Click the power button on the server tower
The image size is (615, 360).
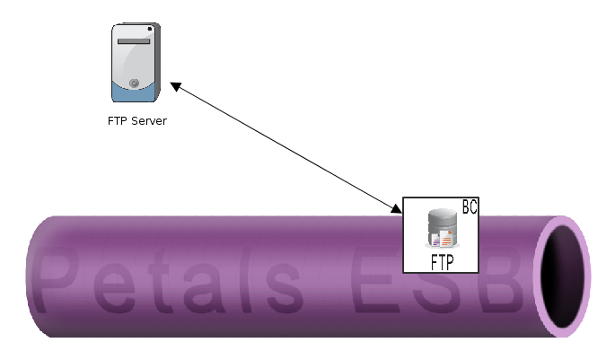click(x=133, y=83)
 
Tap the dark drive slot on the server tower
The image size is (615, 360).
click(x=133, y=41)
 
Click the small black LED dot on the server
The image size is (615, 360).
click(x=150, y=30)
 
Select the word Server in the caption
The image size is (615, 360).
click(x=149, y=120)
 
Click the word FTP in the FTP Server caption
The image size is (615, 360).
click(x=118, y=120)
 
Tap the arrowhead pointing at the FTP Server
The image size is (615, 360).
click(x=176, y=86)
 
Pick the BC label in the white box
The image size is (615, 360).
click(x=469, y=206)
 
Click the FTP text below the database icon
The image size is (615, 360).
click(x=441, y=262)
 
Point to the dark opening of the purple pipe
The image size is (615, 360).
click(x=563, y=276)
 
